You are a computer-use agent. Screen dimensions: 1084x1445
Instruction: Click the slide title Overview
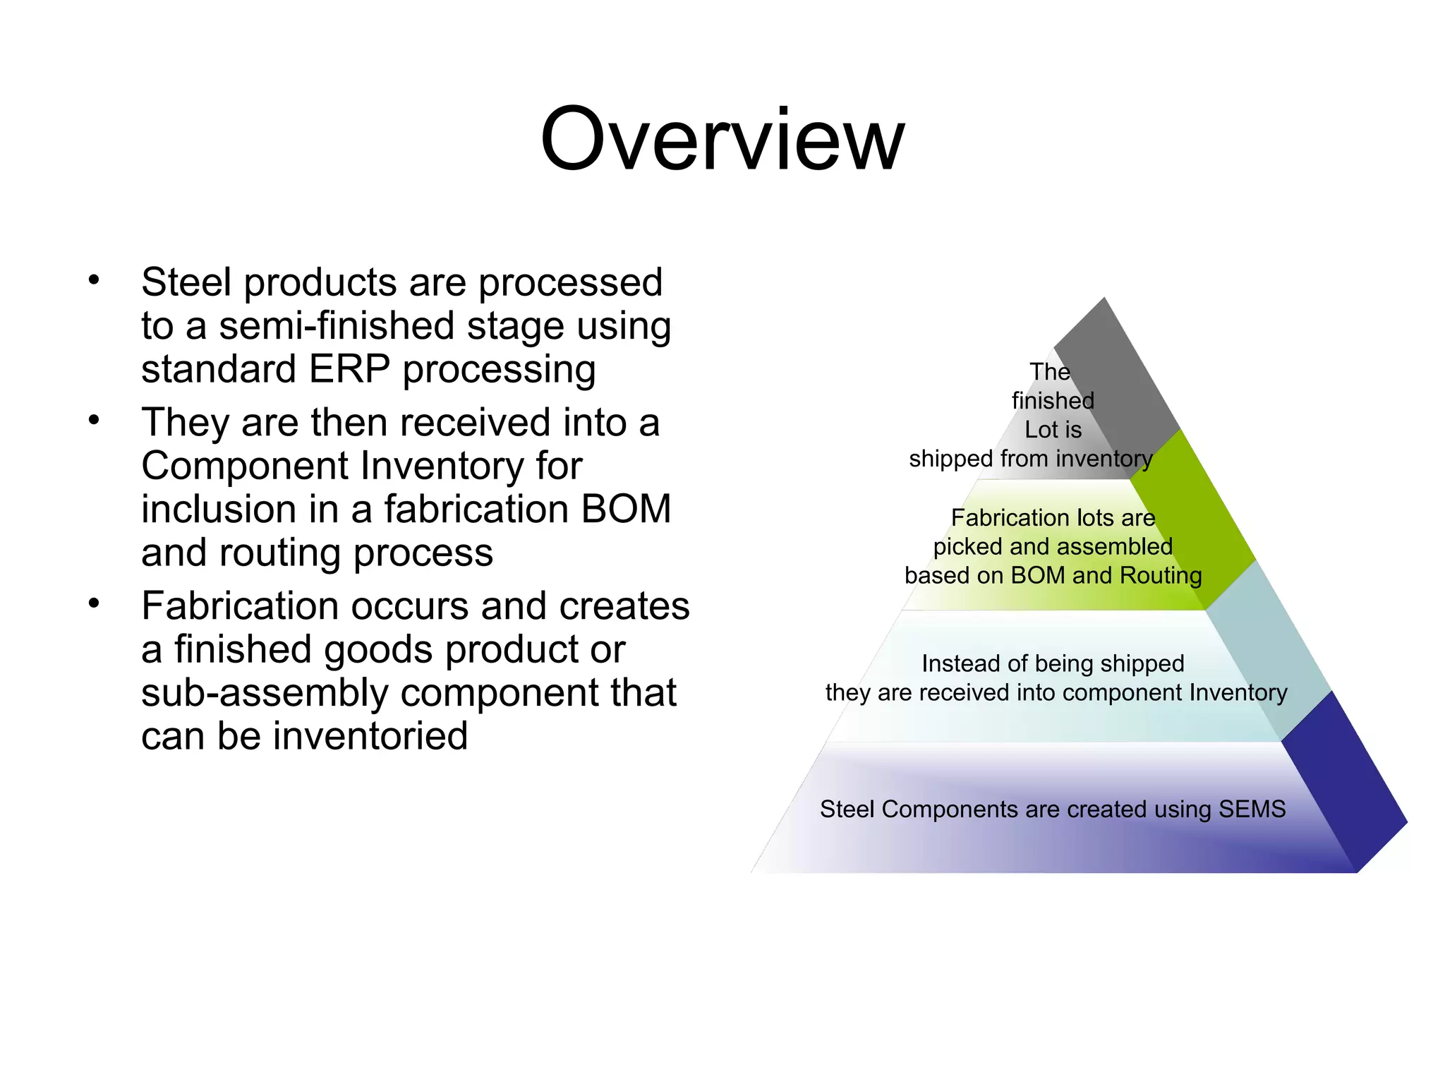point(722,139)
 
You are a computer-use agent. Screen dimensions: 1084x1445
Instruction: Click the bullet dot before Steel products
point(94,280)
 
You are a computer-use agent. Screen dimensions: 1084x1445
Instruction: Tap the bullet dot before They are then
point(94,421)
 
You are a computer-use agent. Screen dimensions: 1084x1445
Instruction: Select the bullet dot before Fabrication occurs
point(94,604)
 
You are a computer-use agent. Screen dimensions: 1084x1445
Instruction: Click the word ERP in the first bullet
point(349,369)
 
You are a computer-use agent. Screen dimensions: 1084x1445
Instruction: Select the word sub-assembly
point(265,693)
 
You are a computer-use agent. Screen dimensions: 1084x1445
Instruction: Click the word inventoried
point(370,736)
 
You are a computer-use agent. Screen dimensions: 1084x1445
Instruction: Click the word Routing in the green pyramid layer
point(1161,575)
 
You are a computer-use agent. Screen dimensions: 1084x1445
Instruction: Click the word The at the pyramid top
point(1049,372)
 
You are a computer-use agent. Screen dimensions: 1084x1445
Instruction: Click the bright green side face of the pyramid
point(1192,522)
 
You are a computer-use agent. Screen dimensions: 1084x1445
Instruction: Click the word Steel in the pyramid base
point(847,809)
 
